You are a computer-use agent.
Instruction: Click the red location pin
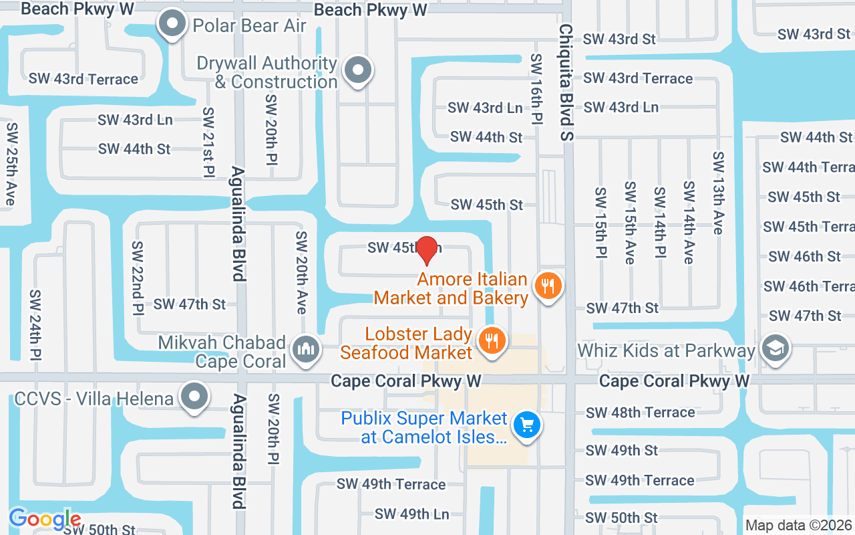[x=427, y=249]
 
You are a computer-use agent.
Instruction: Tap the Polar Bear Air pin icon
[x=173, y=24]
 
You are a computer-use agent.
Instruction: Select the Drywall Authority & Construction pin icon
[x=357, y=70]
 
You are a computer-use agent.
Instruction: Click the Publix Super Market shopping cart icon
[x=527, y=425]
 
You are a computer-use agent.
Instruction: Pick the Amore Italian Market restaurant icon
[x=548, y=286]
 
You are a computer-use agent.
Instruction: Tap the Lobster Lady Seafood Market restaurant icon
[x=492, y=341]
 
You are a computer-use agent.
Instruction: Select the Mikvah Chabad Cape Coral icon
[x=306, y=348]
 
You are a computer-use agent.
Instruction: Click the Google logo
[x=45, y=519]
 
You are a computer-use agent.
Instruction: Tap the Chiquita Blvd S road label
[x=566, y=83]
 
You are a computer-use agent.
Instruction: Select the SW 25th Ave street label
[x=11, y=165]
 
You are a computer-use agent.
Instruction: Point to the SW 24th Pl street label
[x=35, y=324]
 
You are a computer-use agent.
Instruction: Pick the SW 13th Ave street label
[x=718, y=193]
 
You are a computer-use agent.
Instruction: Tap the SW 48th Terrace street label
[x=640, y=413]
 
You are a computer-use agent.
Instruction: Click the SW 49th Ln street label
[x=411, y=514]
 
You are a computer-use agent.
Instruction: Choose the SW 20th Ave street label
[x=301, y=272]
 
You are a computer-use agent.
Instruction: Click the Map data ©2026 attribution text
[x=799, y=526]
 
